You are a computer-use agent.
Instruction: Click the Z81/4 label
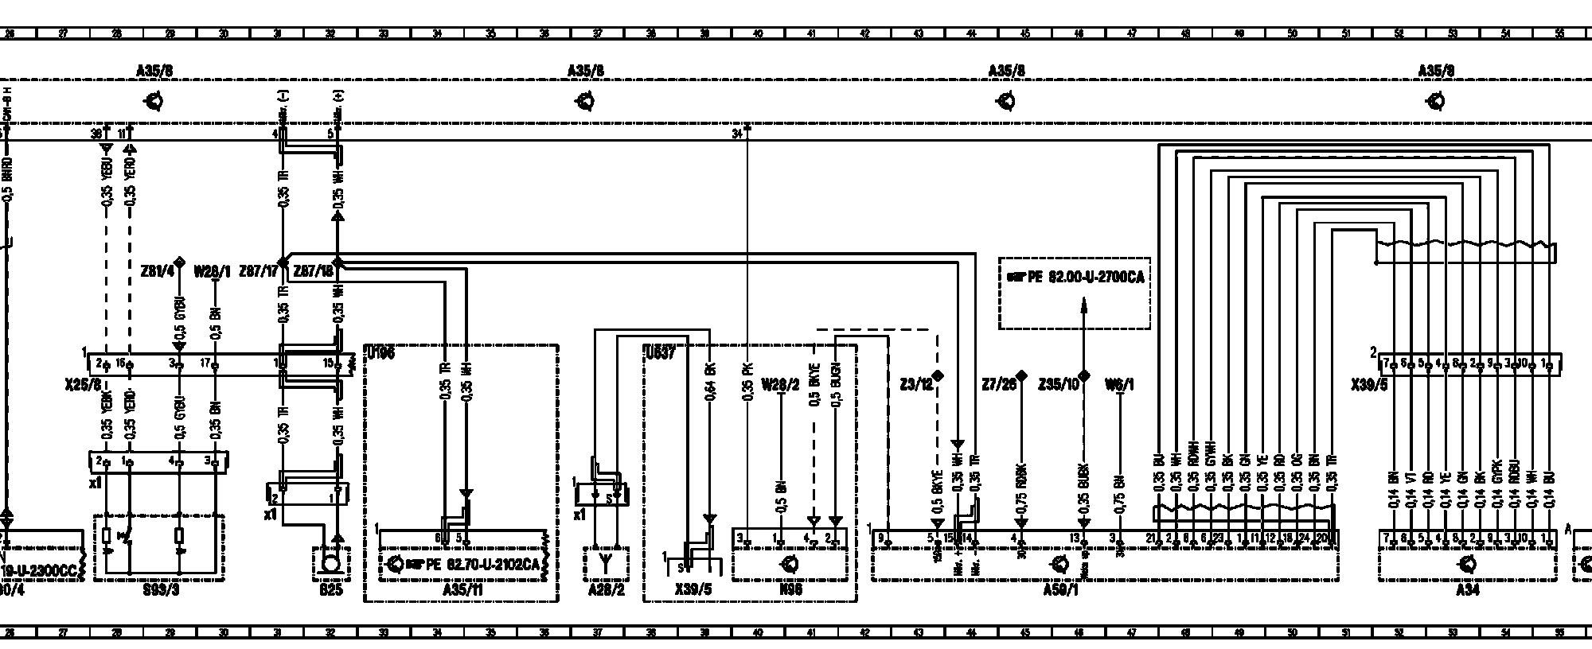pyautogui.click(x=158, y=272)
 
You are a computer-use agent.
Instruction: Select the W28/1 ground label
pyautogui.click(x=212, y=272)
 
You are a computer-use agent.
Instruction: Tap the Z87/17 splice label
pyautogui.click(x=263, y=272)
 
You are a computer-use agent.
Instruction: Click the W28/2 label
pyautogui.click(x=780, y=385)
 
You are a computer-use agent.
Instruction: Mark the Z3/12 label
pyautogui.click(x=916, y=385)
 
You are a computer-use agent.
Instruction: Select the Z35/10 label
pyautogui.click(x=1059, y=385)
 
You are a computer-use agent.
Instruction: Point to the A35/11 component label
pyautogui.click(x=461, y=591)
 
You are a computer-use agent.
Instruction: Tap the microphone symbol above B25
pyautogui.click(x=329, y=564)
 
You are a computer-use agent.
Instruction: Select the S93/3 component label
pyautogui.click(x=158, y=591)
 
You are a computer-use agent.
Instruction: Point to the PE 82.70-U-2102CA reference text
pyautogui.click(x=474, y=565)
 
